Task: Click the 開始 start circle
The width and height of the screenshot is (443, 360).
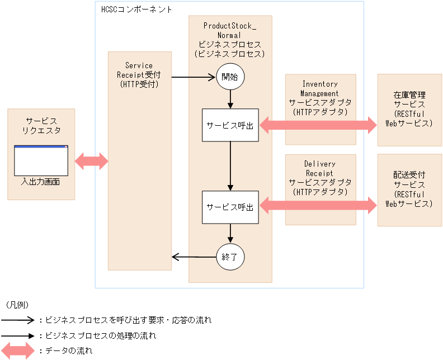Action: (x=230, y=77)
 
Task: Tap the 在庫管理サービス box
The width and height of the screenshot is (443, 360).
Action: (x=409, y=110)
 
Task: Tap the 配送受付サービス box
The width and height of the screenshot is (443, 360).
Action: (x=409, y=190)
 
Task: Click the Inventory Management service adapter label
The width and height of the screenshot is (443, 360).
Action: (x=320, y=98)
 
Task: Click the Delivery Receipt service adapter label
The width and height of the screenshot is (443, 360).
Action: (x=320, y=178)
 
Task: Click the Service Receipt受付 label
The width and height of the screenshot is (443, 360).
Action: (x=139, y=75)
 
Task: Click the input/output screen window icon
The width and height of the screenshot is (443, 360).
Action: (x=41, y=160)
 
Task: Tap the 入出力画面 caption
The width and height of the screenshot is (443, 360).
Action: (x=41, y=182)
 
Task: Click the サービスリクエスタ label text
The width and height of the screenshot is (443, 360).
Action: (x=41, y=126)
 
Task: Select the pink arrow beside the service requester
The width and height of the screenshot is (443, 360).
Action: (x=91, y=161)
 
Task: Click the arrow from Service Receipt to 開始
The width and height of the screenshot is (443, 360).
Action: (x=194, y=77)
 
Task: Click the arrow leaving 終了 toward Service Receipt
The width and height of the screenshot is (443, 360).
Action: (x=194, y=257)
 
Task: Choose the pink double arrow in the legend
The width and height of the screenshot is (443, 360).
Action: (x=18, y=351)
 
